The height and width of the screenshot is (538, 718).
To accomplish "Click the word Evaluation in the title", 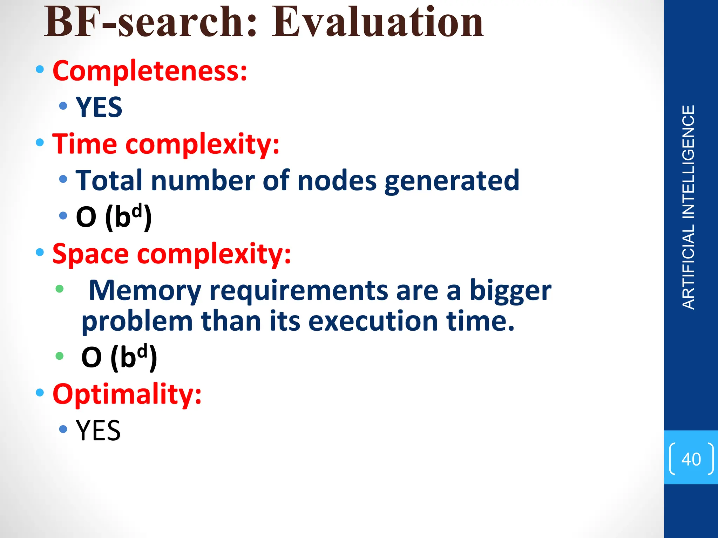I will pyautogui.click(x=378, y=23).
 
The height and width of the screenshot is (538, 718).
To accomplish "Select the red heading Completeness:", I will pyautogui.click(x=150, y=71).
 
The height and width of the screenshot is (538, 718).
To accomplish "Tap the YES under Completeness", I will pyautogui.click(x=99, y=107).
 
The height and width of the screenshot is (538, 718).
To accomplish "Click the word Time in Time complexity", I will pyautogui.click(x=84, y=144).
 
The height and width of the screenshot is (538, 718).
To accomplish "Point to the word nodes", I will pyautogui.click(x=337, y=181).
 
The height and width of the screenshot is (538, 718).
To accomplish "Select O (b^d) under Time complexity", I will pyautogui.click(x=114, y=217).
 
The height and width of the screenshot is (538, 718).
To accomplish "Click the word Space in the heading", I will pyautogui.click(x=90, y=254).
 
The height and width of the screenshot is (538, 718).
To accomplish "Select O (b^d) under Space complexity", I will pyautogui.click(x=119, y=358).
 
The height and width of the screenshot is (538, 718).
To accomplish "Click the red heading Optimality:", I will pyautogui.click(x=127, y=394).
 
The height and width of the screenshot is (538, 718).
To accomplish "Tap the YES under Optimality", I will pyautogui.click(x=98, y=430).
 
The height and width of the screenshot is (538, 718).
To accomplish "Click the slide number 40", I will pyautogui.click(x=691, y=459).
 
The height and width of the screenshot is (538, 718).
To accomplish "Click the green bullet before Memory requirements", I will pyautogui.click(x=60, y=289).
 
